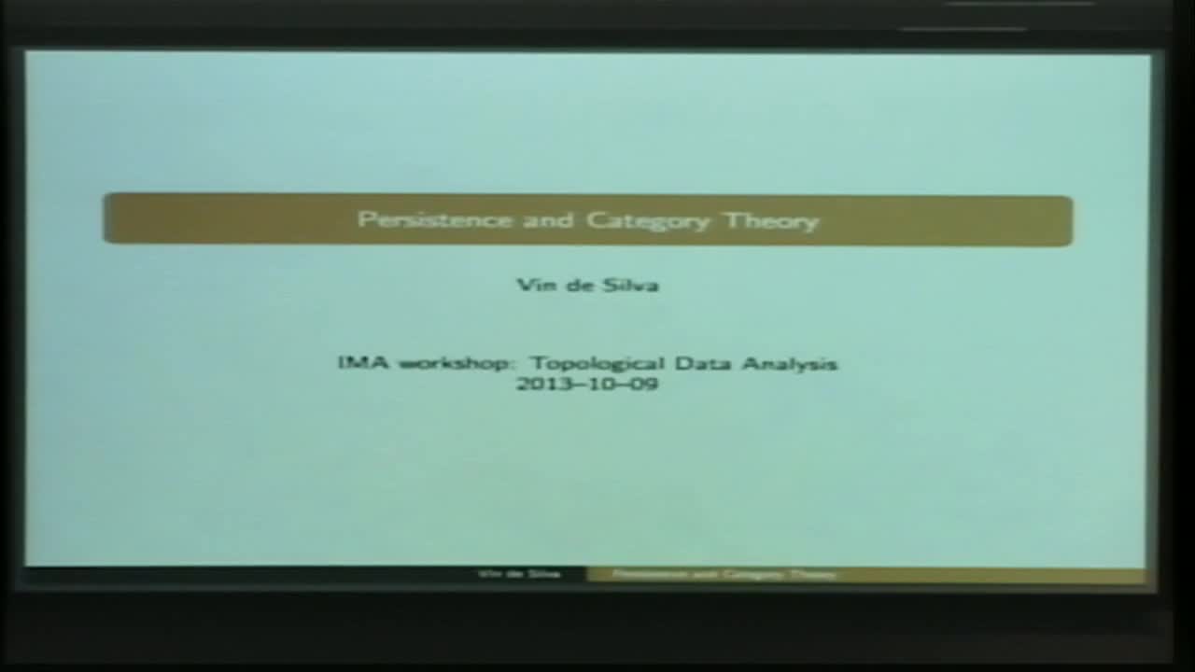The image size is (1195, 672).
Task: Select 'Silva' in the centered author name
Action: pyautogui.click(x=630, y=285)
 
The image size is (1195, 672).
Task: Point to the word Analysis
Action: pyautogui.click(x=791, y=364)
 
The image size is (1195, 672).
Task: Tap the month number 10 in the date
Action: pyautogui.click(x=599, y=384)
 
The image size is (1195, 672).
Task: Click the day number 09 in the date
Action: pyautogui.click(x=643, y=384)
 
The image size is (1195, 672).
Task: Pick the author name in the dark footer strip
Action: pyautogui.click(x=519, y=574)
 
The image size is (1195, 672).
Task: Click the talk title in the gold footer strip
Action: pyautogui.click(x=724, y=574)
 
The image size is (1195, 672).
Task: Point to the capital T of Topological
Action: pyautogui.click(x=539, y=363)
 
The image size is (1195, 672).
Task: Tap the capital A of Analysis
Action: pyautogui.click(x=751, y=363)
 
